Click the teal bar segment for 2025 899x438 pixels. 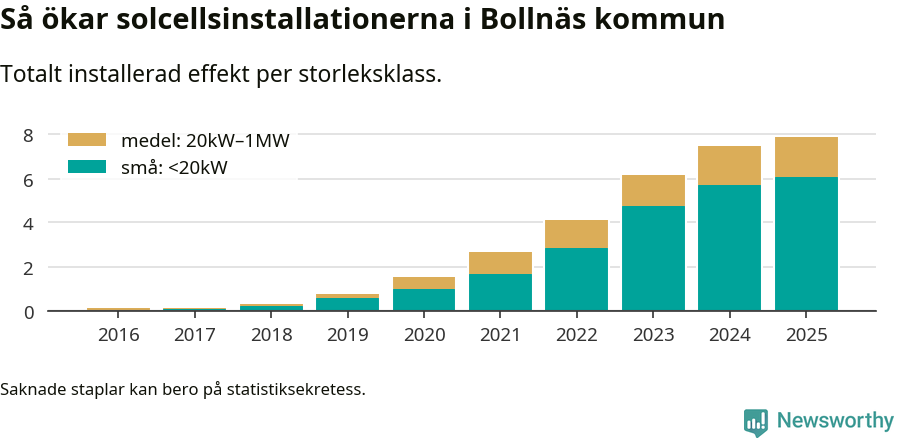point(806,243)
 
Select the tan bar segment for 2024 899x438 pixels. point(729,165)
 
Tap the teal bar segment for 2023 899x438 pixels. point(653,257)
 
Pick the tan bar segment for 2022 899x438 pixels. point(576,234)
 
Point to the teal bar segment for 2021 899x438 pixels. point(500,292)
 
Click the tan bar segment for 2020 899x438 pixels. point(424,283)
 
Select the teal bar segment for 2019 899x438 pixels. point(348,304)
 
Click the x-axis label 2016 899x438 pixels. point(119,334)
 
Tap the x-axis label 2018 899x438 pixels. point(272,334)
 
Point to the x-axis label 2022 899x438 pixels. point(576,334)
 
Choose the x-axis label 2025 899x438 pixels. point(806,334)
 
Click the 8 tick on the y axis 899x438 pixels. point(28,135)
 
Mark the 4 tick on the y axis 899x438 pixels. point(28,223)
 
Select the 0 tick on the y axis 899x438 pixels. point(28,312)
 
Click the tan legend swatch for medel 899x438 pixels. point(86,141)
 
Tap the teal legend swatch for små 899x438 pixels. point(86,167)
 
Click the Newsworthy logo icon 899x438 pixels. point(756,422)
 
